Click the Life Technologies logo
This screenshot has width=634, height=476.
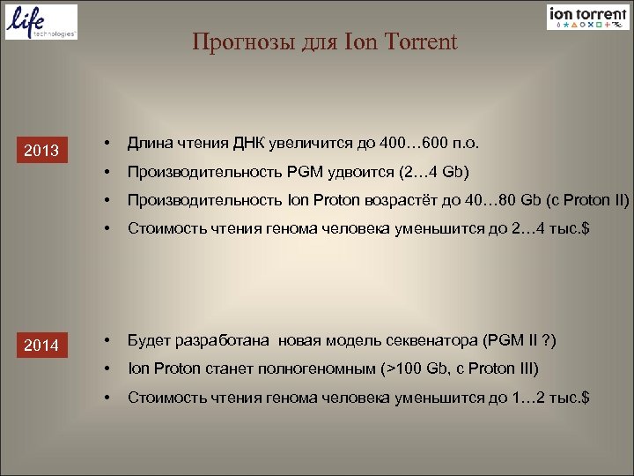pyautogui.click(x=41, y=22)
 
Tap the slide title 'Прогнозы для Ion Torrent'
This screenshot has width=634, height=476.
pyautogui.click(x=325, y=42)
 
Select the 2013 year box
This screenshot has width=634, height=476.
pyautogui.click(x=41, y=151)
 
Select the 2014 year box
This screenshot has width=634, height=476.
pyautogui.click(x=41, y=346)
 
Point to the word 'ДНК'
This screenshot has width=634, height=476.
pyautogui.click(x=257, y=143)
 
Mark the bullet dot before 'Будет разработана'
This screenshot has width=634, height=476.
pyautogui.click(x=106, y=340)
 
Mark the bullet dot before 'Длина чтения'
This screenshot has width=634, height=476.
pyautogui.click(x=106, y=143)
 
